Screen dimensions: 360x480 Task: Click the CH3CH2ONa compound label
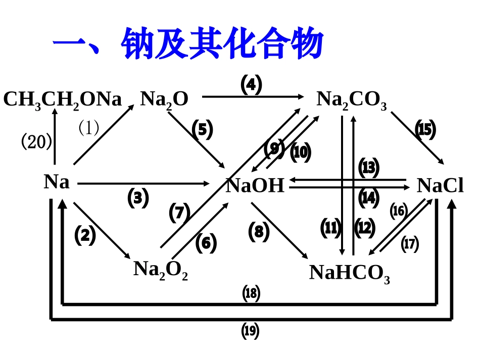pos(63,99)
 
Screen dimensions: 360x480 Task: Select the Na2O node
pos(164,99)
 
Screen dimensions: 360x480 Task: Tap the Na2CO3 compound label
pos(352,99)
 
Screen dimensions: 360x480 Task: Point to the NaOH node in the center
pos(255,186)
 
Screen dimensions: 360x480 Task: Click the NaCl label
pos(440,186)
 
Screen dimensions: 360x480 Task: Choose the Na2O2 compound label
pos(161,269)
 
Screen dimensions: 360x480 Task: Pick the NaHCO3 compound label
pos(350,273)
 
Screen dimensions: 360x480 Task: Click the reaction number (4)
pos(251,84)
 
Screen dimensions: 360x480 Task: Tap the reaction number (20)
pos(36,142)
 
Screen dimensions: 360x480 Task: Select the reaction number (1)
pos(89,128)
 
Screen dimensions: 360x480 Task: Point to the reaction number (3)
pos(138,198)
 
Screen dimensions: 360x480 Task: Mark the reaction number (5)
pos(202,130)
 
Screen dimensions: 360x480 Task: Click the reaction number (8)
pos(259,232)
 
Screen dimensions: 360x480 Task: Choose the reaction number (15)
pos(425,130)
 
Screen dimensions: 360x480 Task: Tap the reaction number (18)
pos(251,293)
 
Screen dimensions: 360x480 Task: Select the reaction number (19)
pos(251,331)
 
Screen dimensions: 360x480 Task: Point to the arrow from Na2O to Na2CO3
pos(253,96)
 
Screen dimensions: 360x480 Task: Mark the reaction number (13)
pos(369,168)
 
